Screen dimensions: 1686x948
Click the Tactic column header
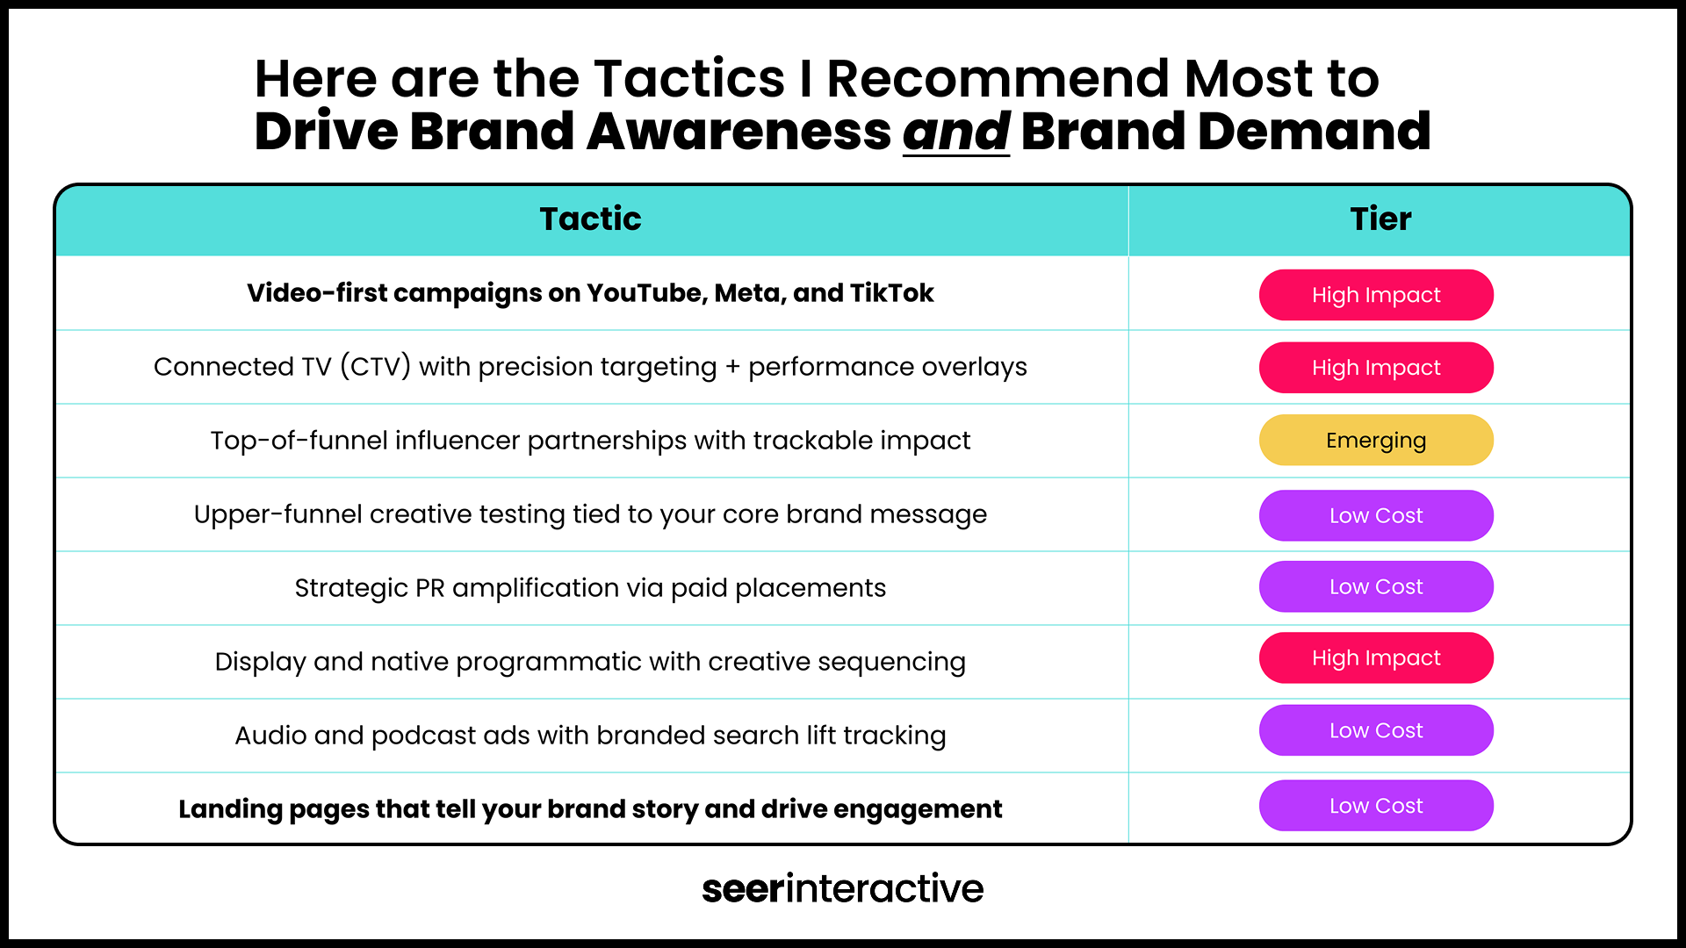pyautogui.click(x=590, y=219)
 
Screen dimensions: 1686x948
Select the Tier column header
pyautogui.click(x=1380, y=219)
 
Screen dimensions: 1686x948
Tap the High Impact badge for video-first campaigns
pyautogui.click(x=1376, y=295)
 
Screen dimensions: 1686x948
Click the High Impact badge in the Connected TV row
pyautogui.click(x=1376, y=368)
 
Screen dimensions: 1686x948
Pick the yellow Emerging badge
pyautogui.click(x=1376, y=440)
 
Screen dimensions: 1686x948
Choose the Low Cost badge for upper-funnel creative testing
pyautogui.click(x=1376, y=515)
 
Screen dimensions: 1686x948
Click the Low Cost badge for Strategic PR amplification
pyautogui.click(x=1376, y=586)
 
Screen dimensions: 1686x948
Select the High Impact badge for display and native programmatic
pyautogui.click(x=1376, y=657)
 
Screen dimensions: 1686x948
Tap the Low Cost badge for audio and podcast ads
pyautogui.click(x=1376, y=730)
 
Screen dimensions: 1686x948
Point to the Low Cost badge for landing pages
pyautogui.click(x=1376, y=806)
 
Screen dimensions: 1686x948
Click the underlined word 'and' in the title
pyautogui.click(x=956, y=132)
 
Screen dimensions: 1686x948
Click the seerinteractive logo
pyautogui.click(x=843, y=888)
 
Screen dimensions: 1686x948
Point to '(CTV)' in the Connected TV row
pyautogui.click(x=375, y=366)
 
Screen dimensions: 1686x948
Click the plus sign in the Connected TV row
pyautogui.click(x=732, y=368)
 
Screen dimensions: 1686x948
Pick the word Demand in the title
pyautogui.click(x=1315, y=132)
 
